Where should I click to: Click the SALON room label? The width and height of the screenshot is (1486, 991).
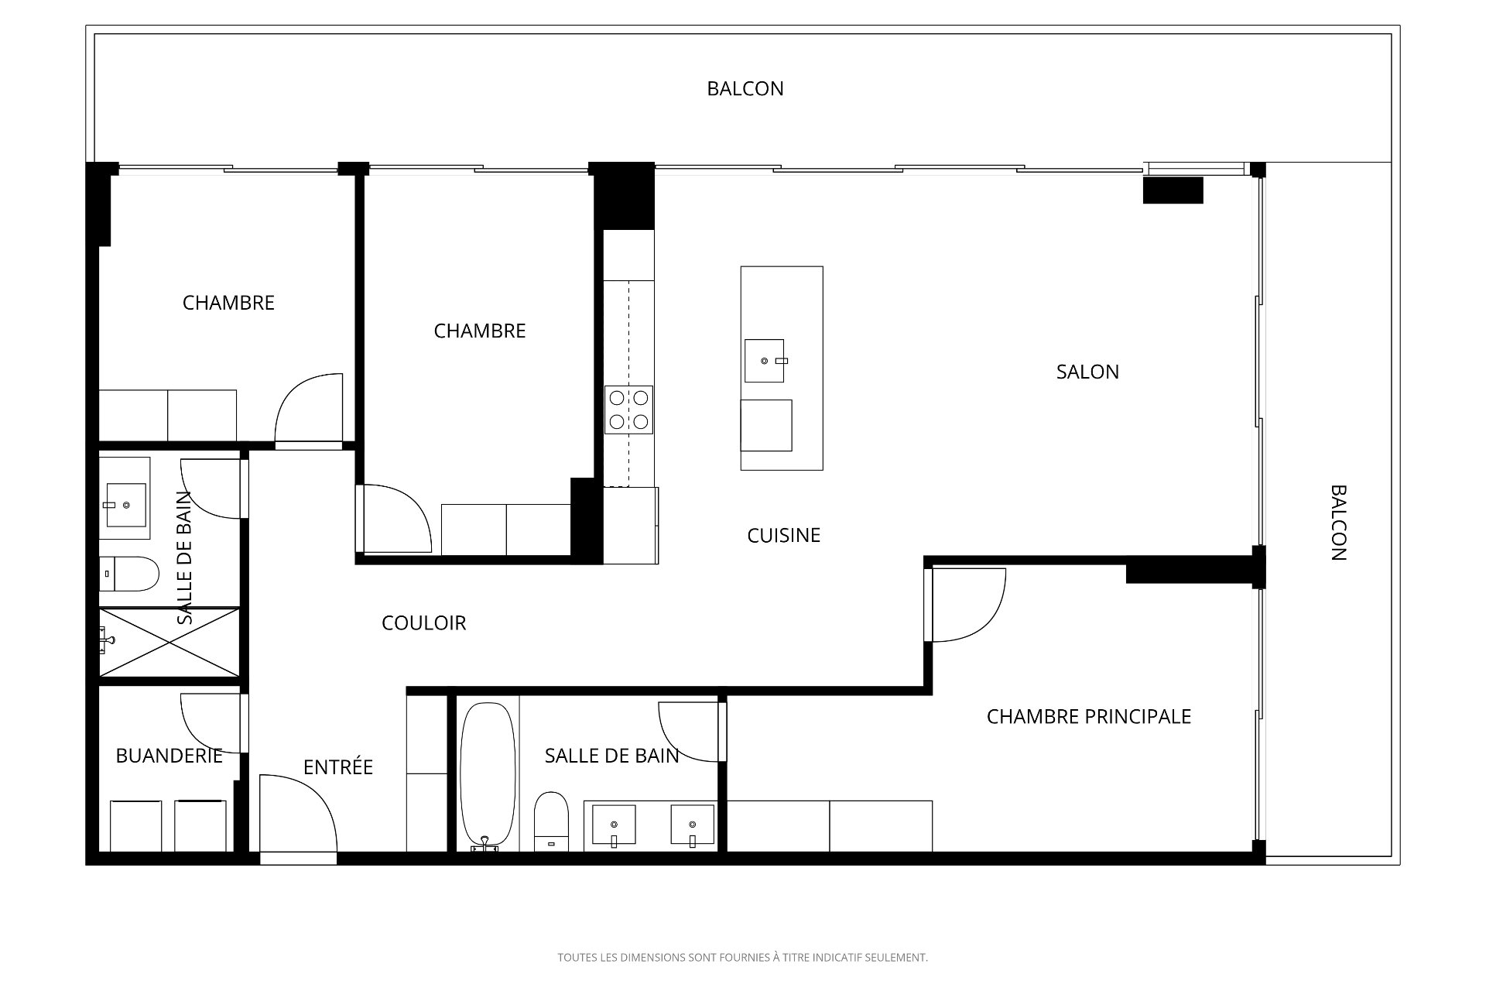point(1087,372)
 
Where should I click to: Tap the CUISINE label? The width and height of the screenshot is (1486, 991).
point(783,536)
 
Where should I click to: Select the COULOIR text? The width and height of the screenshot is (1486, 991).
point(424,623)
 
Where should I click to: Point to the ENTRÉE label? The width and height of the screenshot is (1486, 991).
point(338,766)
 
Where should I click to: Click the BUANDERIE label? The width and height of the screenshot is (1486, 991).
point(169,756)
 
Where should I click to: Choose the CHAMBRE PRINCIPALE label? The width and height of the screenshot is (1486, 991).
point(1089,717)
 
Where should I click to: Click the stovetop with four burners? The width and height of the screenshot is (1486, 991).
point(628,410)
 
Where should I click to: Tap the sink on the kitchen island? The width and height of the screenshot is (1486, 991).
point(765,361)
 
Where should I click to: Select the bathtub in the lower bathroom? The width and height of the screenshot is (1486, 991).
point(488,776)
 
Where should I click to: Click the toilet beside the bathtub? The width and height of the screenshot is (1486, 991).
point(551,821)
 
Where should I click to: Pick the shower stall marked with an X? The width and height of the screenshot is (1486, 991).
point(169,643)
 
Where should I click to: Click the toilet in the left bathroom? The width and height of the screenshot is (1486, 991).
point(129,574)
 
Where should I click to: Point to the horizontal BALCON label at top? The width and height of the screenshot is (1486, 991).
point(745,89)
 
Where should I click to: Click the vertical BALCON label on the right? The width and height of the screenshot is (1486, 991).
point(1339,523)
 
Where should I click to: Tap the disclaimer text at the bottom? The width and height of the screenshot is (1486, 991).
point(743,958)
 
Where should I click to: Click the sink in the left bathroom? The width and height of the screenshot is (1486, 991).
point(125,505)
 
